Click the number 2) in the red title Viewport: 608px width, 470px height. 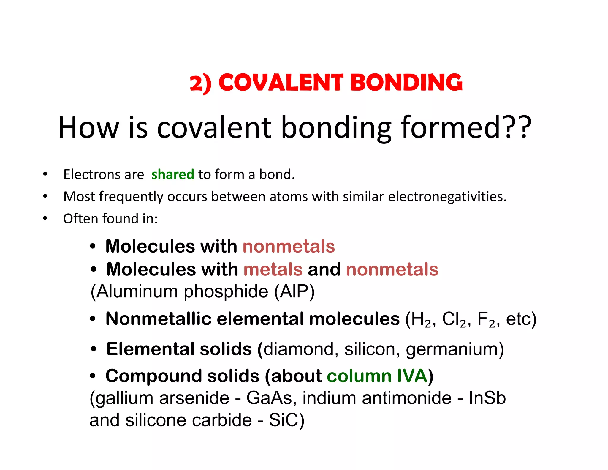[201, 83]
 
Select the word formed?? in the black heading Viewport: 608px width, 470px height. [466, 127]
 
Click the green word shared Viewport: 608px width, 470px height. [172, 174]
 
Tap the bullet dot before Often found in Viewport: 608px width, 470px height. [45, 218]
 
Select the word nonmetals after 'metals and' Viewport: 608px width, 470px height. [392, 269]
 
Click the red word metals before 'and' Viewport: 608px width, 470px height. [273, 269]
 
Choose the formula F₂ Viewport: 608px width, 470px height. [486, 319]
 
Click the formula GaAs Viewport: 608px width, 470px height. [269, 398]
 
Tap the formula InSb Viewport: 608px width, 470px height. [487, 398]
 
